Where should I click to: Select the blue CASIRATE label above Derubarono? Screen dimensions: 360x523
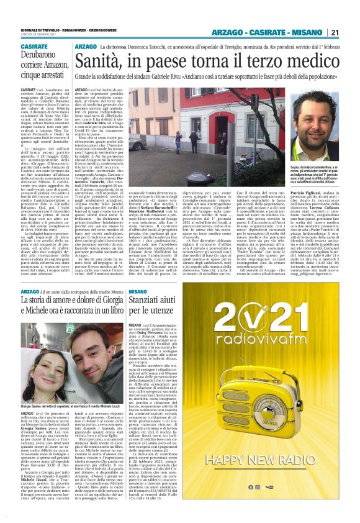point(34,47)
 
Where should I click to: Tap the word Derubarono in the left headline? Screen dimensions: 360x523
point(42,56)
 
